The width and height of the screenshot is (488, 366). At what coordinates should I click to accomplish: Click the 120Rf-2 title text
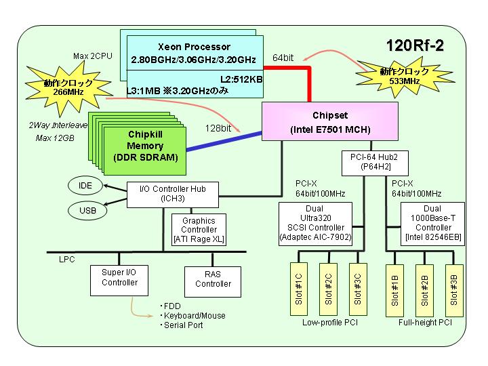tap(415, 45)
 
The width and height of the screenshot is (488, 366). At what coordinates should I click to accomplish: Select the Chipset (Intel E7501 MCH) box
tap(330, 121)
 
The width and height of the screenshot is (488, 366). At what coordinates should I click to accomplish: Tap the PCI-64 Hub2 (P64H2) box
tap(375, 163)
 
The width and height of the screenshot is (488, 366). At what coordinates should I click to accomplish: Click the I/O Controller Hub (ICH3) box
tap(173, 195)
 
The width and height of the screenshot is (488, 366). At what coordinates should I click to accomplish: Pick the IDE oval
tap(85, 186)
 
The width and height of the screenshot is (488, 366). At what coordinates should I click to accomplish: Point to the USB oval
tap(87, 210)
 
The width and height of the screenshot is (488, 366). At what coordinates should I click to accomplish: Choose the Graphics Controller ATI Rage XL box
tap(199, 230)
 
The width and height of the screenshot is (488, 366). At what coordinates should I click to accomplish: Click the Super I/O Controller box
tap(119, 280)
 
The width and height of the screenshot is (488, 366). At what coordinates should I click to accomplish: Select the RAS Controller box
tap(213, 282)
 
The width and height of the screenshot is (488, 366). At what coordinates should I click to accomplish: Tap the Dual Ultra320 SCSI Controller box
tap(316, 224)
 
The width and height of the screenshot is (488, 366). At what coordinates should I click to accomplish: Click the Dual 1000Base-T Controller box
tap(432, 224)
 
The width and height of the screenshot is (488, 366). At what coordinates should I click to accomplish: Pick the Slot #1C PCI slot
tap(299, 289)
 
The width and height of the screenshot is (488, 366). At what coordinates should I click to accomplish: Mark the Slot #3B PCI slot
tap(454, 291)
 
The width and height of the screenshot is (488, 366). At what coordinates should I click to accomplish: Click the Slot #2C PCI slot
tap(328, 289)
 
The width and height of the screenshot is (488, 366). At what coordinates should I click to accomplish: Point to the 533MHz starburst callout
tap(405, 76)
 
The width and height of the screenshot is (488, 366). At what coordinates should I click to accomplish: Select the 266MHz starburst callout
tap(68, 87)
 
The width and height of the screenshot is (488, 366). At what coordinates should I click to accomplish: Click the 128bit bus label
tap(218, 128)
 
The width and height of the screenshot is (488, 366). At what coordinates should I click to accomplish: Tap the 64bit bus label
tap(283, 58)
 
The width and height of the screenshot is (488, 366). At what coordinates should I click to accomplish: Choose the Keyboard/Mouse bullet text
tap(193, 316)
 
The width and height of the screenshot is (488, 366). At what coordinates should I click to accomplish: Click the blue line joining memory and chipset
tap(224, 141)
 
